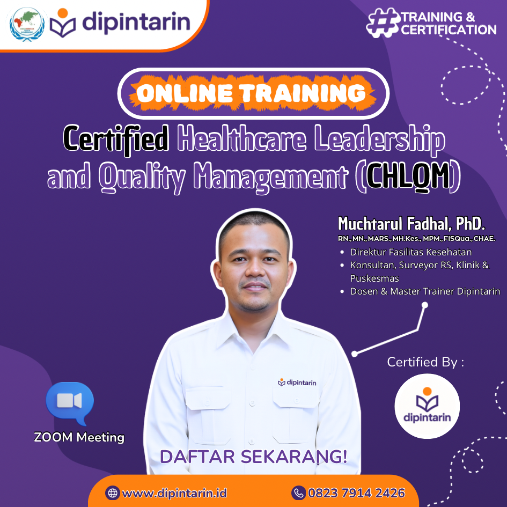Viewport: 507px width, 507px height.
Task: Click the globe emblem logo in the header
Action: click(27, 24)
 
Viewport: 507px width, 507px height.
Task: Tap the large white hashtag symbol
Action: click(383, 23)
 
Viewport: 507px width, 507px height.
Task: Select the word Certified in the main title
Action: click(116, 139)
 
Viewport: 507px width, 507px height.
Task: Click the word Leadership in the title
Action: click(380, 139)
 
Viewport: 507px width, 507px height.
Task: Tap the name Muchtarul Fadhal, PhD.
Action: click(412, 223)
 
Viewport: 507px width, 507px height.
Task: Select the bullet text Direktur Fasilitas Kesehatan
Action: click(410, 252)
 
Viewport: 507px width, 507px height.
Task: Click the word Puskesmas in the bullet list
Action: click(370, 278)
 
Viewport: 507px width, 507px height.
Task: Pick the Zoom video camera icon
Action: click(70, 402)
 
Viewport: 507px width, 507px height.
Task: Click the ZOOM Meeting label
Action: click(79, 437)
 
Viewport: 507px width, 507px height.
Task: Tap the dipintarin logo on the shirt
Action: click(297, 383)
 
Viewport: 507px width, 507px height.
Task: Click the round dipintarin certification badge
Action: click(427, 406)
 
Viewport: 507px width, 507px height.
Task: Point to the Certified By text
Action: click(425, 362)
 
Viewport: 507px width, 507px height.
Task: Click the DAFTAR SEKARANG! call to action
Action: click(253, 457)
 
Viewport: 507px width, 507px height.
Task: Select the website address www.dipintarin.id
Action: click(174, 493)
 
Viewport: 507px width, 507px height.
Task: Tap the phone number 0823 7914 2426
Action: click(356, 493)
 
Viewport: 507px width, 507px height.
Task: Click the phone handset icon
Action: click(298, 493)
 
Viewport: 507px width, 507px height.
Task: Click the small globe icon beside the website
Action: click(112, 493)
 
